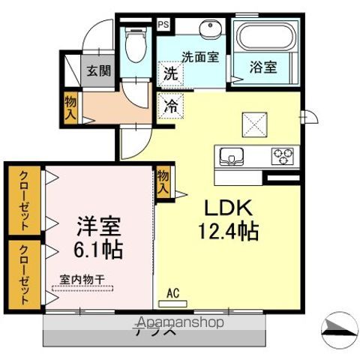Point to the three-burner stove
pos(283,157)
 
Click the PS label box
pos(163,23)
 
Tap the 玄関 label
pos(98,71)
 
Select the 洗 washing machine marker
pos(170,74)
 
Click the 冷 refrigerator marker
pos(171,106)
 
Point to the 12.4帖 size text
pos(227,231)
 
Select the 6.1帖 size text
pos(98,247)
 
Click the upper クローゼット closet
pos(24,199)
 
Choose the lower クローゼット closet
pos(24,273)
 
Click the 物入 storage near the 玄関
pos(70,108)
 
